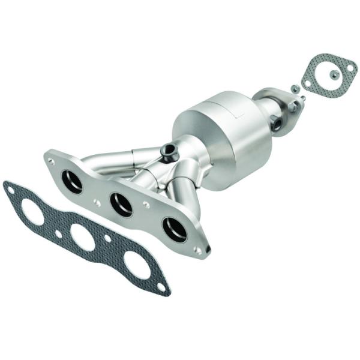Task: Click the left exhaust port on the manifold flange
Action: tap(72, 181)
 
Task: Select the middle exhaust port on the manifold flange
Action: tap(122, 205)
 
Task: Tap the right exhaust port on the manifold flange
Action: tap(175, 229)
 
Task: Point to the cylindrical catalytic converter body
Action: tap(222, 138)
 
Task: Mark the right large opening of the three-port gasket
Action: tap(137, 265)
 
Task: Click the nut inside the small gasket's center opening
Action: tap(334, 74)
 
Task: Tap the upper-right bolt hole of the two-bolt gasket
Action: tap(350, 68)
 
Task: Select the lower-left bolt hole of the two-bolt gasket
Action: tap(308, 83)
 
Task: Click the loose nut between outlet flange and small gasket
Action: tap(295, 88)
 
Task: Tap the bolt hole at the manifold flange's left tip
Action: tap(51, 161)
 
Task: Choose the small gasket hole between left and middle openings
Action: tap(58, 233)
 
